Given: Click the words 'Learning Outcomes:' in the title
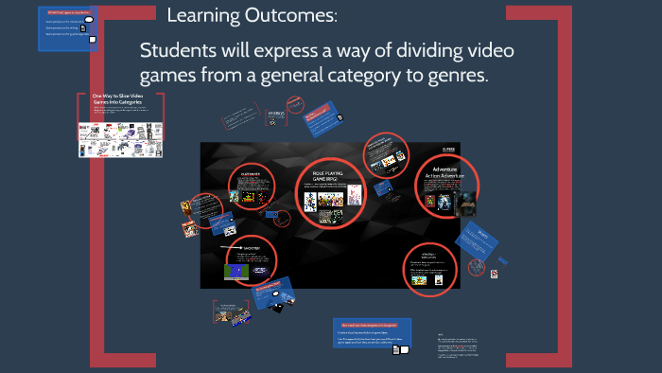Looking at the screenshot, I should pos(251,16).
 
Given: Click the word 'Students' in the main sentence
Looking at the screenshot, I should pos(183,51).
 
